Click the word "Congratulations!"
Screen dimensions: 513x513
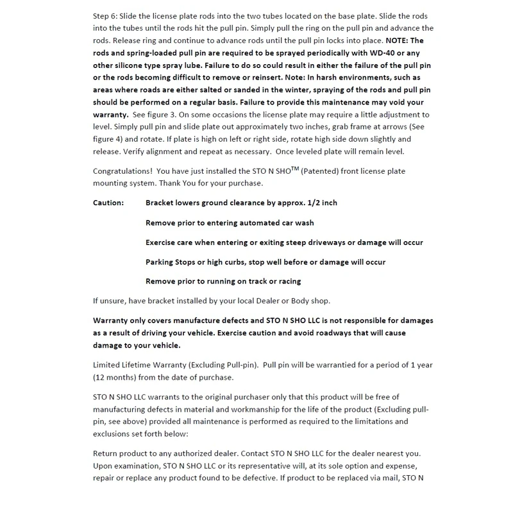pos(122,171)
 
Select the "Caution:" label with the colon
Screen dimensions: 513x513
pos(108,203)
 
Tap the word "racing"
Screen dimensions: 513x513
pos(286,281)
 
